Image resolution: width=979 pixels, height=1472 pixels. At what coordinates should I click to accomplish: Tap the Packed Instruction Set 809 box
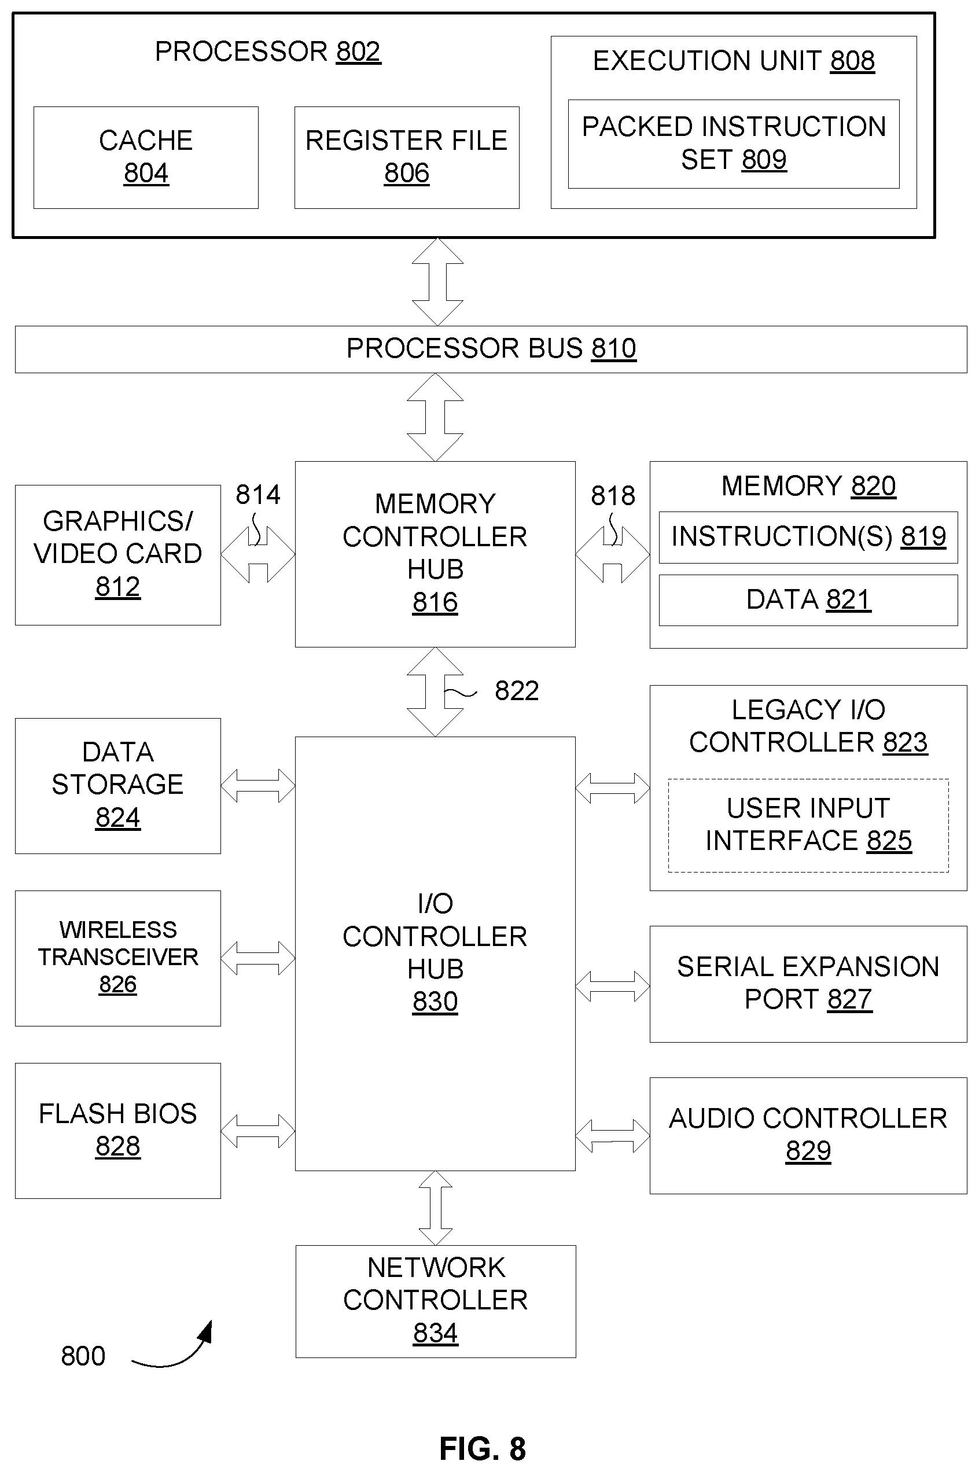pos(734,143)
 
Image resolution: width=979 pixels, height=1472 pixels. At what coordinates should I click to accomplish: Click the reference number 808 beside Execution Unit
pos(852,61)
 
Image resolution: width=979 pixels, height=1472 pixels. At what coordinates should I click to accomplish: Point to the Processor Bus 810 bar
pos(491,349)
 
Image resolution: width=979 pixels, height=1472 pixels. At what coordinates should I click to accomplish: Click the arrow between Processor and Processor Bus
pos(437,282)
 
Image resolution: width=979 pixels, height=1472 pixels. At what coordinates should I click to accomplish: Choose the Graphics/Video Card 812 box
pos(118,555)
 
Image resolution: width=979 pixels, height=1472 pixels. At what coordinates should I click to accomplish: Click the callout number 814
pos(258,495)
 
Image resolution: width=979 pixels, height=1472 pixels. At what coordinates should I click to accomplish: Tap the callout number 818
pos(613,496)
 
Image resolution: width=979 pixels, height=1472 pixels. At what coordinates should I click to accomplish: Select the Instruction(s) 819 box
pos(808,538)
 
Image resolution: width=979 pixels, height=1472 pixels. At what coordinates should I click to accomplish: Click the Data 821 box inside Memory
pos(808,600)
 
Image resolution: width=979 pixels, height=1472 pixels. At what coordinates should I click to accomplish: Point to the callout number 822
pos(517,691)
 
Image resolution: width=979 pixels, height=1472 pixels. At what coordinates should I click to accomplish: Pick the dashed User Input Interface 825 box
pos(808,825)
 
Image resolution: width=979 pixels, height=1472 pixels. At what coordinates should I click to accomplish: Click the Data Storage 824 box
pos(118,786)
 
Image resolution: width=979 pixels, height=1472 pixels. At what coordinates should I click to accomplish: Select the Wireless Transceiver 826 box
pos(118,958)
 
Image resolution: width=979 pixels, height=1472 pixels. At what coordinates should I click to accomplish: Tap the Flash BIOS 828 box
pos(118,1131)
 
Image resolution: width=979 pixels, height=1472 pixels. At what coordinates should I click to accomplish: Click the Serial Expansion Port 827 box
pos(808,984)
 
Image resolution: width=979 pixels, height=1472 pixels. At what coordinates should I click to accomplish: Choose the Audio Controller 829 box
pos(808,1135)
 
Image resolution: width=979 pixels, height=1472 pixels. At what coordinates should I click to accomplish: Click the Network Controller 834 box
pos(436,1301)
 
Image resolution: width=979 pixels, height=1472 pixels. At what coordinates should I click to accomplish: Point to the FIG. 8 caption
pos(483,1448)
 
